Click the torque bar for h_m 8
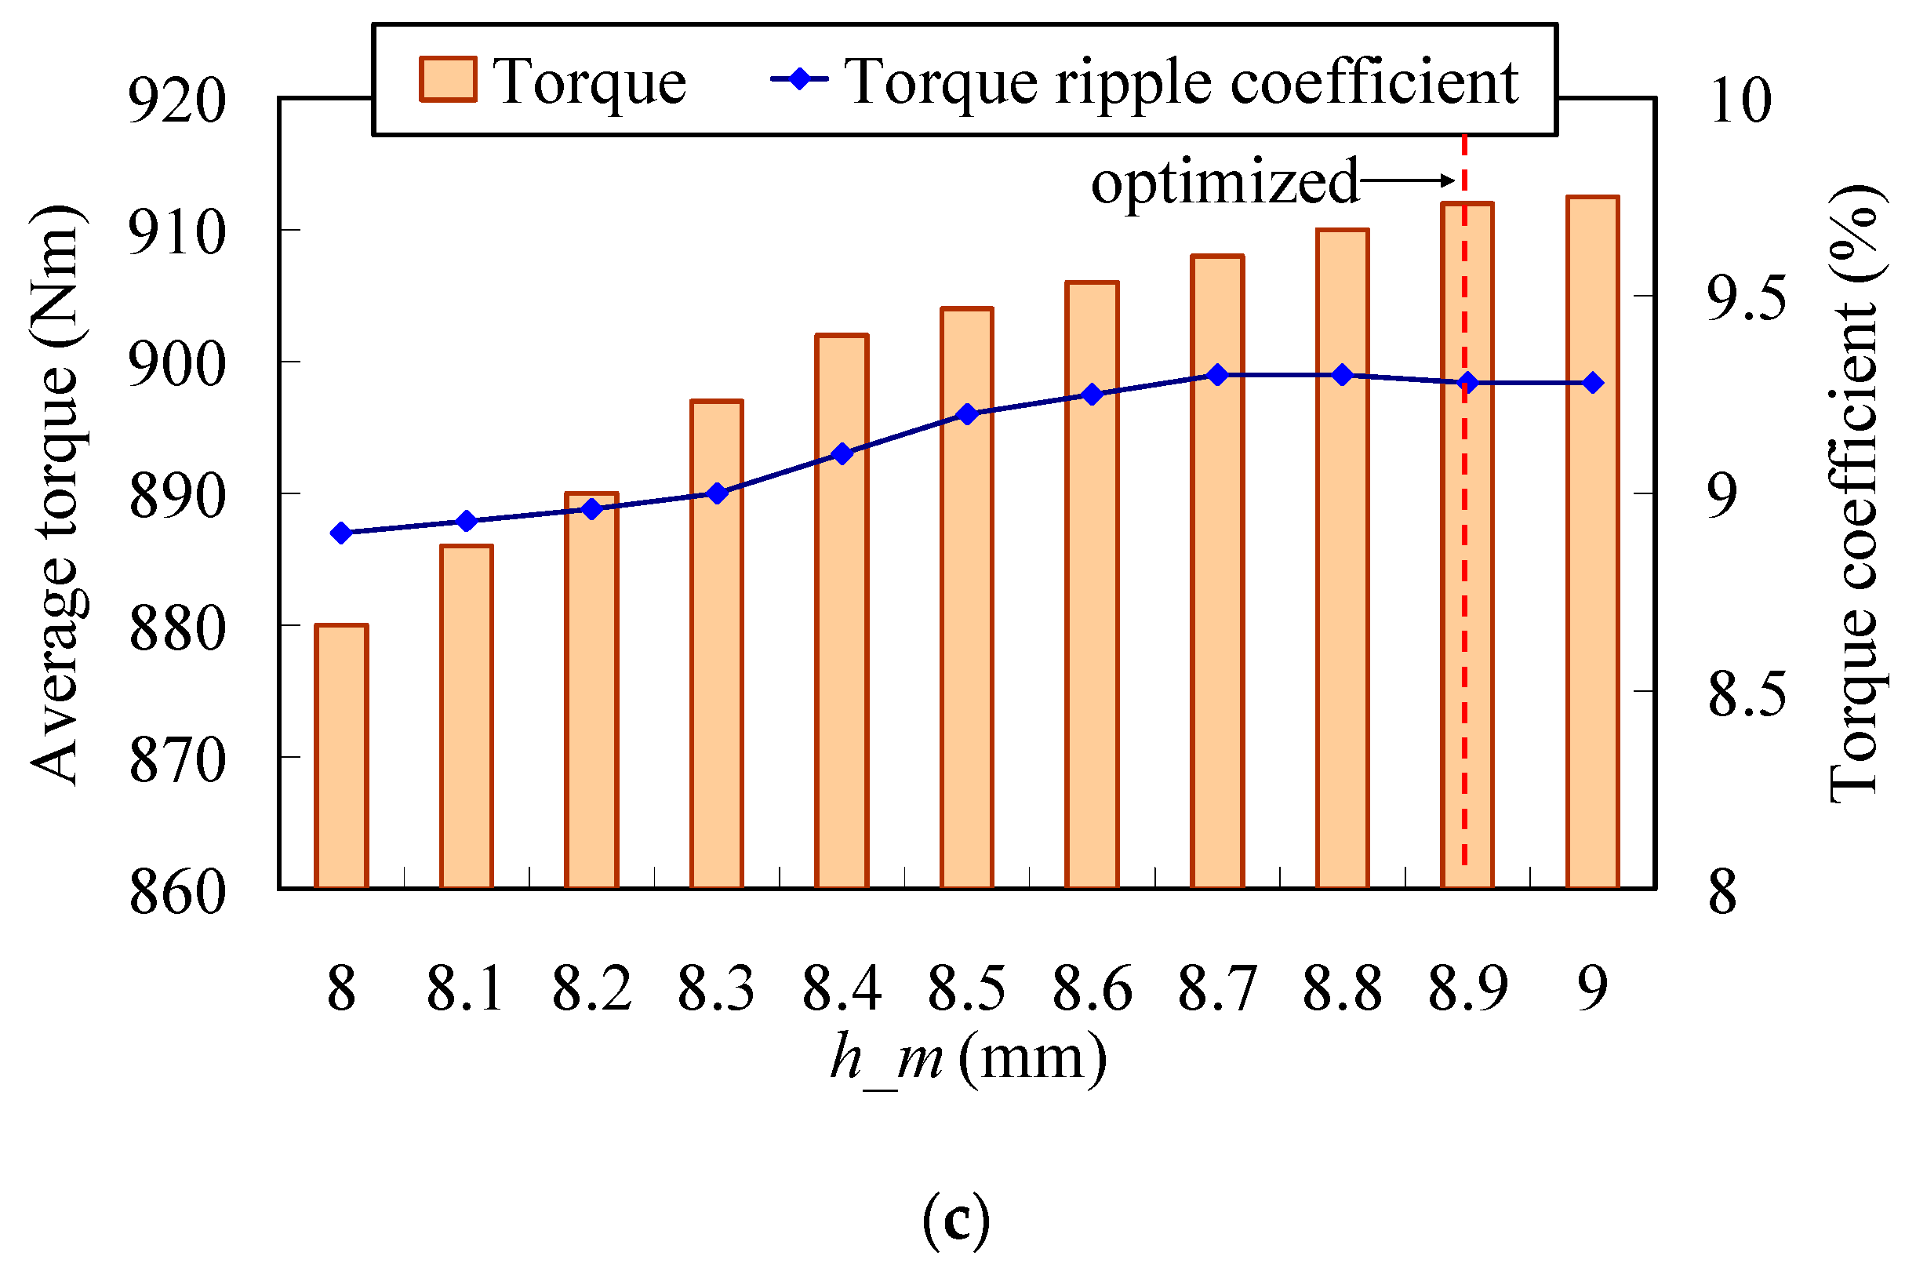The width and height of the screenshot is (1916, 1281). pyautogui.click(x=341, y=755)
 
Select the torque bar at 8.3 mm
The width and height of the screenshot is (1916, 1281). pyautogui.click(x=716, y=646)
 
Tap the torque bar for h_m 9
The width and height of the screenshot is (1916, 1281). pyautogui.click(x=1592, y=544)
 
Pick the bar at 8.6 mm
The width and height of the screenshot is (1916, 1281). pyautogui.click(x=1092, y=584)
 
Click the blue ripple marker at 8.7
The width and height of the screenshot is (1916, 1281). pyautogui.click(x=1218, y=375)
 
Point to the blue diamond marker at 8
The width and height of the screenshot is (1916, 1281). pyautogui.click(x=341, y=533)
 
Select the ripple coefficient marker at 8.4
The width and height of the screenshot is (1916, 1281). pyautogui.click(x=842, y=453)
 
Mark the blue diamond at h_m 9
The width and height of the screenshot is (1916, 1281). pyautogui.click(x=1593, y=382)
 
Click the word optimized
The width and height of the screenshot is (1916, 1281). pyautogui.click(x=1224, y=182)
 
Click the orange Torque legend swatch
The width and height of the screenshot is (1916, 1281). pyautogui.click(x=448, y=80)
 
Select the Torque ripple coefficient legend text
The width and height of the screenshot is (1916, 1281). pyautogui.click(x=1180, y=82)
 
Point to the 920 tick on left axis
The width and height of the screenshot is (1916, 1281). pyautogui.click(x=177, y=101)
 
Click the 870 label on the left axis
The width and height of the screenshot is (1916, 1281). pyautogui.click(x=177, y=760)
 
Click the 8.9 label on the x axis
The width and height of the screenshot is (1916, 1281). pyautogui.click(x=1467, y=988)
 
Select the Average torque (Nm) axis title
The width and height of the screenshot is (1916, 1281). pyautogui.click(x=56, y=494)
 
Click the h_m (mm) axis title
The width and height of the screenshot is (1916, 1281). pyautogui.click(x=968, y=1060)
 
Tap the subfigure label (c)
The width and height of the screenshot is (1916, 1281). pyautogui.click(x=955, y=1220)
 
